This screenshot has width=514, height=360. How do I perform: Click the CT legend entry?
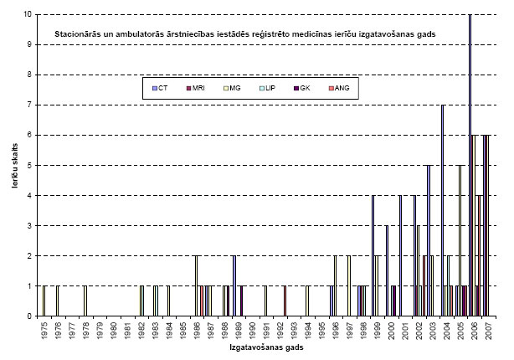point(161,88)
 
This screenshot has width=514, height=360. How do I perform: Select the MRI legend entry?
point(197,88)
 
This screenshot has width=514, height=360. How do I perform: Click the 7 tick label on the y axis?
point(30,105)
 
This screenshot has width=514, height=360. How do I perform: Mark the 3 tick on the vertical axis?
point(30,225)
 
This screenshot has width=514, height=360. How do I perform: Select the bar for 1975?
point(44,301)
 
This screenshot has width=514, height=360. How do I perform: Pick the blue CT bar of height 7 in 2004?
point(442,210)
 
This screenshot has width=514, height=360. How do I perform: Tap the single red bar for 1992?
point(285,301)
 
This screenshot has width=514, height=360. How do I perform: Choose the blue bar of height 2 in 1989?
point(234,285)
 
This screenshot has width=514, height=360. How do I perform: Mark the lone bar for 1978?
point(85,301)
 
